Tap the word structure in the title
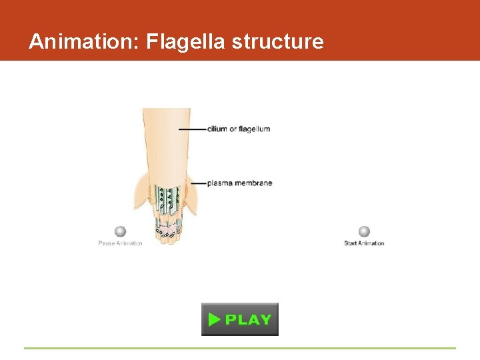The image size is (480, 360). click(278, 42)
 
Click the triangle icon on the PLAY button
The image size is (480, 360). click(214, 319)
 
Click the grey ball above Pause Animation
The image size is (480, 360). click(120, 231)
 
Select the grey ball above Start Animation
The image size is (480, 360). click(364, 231)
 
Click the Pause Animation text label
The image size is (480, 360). click(120, 243)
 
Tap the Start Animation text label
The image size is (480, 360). click(364, 243)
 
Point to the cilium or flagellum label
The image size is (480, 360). click(239, 129)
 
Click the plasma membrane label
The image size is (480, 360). click(239, 183)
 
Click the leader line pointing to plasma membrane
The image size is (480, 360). click(199, 183)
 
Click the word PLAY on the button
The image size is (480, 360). click(248, 319)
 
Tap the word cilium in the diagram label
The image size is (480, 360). click(217, 129)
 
